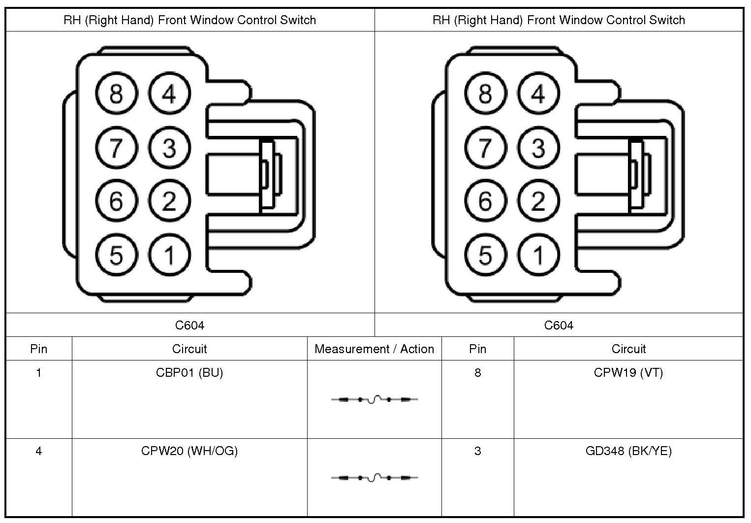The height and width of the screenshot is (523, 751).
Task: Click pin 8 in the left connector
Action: click(116, 94)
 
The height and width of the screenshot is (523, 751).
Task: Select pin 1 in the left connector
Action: click(169, 255)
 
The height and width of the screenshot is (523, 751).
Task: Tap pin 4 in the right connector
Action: click(538, 94)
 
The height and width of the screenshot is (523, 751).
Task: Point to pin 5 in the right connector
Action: click(485, 255)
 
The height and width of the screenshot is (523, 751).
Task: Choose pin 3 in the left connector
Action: click(169, 147)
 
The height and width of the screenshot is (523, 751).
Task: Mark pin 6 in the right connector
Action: click(485, 201)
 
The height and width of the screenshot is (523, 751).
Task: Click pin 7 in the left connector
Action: click(116, 147)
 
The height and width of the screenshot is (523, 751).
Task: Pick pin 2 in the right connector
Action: click(538, 201)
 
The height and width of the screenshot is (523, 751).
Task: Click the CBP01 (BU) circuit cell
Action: click(189, 373)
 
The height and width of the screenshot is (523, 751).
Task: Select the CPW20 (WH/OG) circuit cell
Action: click(189, 451)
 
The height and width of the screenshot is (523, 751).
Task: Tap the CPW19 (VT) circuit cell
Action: click(628, 373)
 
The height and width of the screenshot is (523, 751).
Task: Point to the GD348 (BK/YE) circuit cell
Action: click(628, 451)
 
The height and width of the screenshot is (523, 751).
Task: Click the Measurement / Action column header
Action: click(374, 349)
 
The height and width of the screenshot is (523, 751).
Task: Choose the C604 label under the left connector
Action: click(189, 326)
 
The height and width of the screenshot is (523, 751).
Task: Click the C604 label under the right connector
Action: click(559, 326)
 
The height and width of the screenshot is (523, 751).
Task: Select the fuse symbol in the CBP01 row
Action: click(375, 399)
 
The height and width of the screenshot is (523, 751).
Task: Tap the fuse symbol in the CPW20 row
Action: click(375, 478)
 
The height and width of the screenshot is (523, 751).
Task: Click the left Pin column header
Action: click(39, 349)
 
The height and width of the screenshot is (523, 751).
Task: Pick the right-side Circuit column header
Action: click(628, 349)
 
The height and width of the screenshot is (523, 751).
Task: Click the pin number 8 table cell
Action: click(477, 373)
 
